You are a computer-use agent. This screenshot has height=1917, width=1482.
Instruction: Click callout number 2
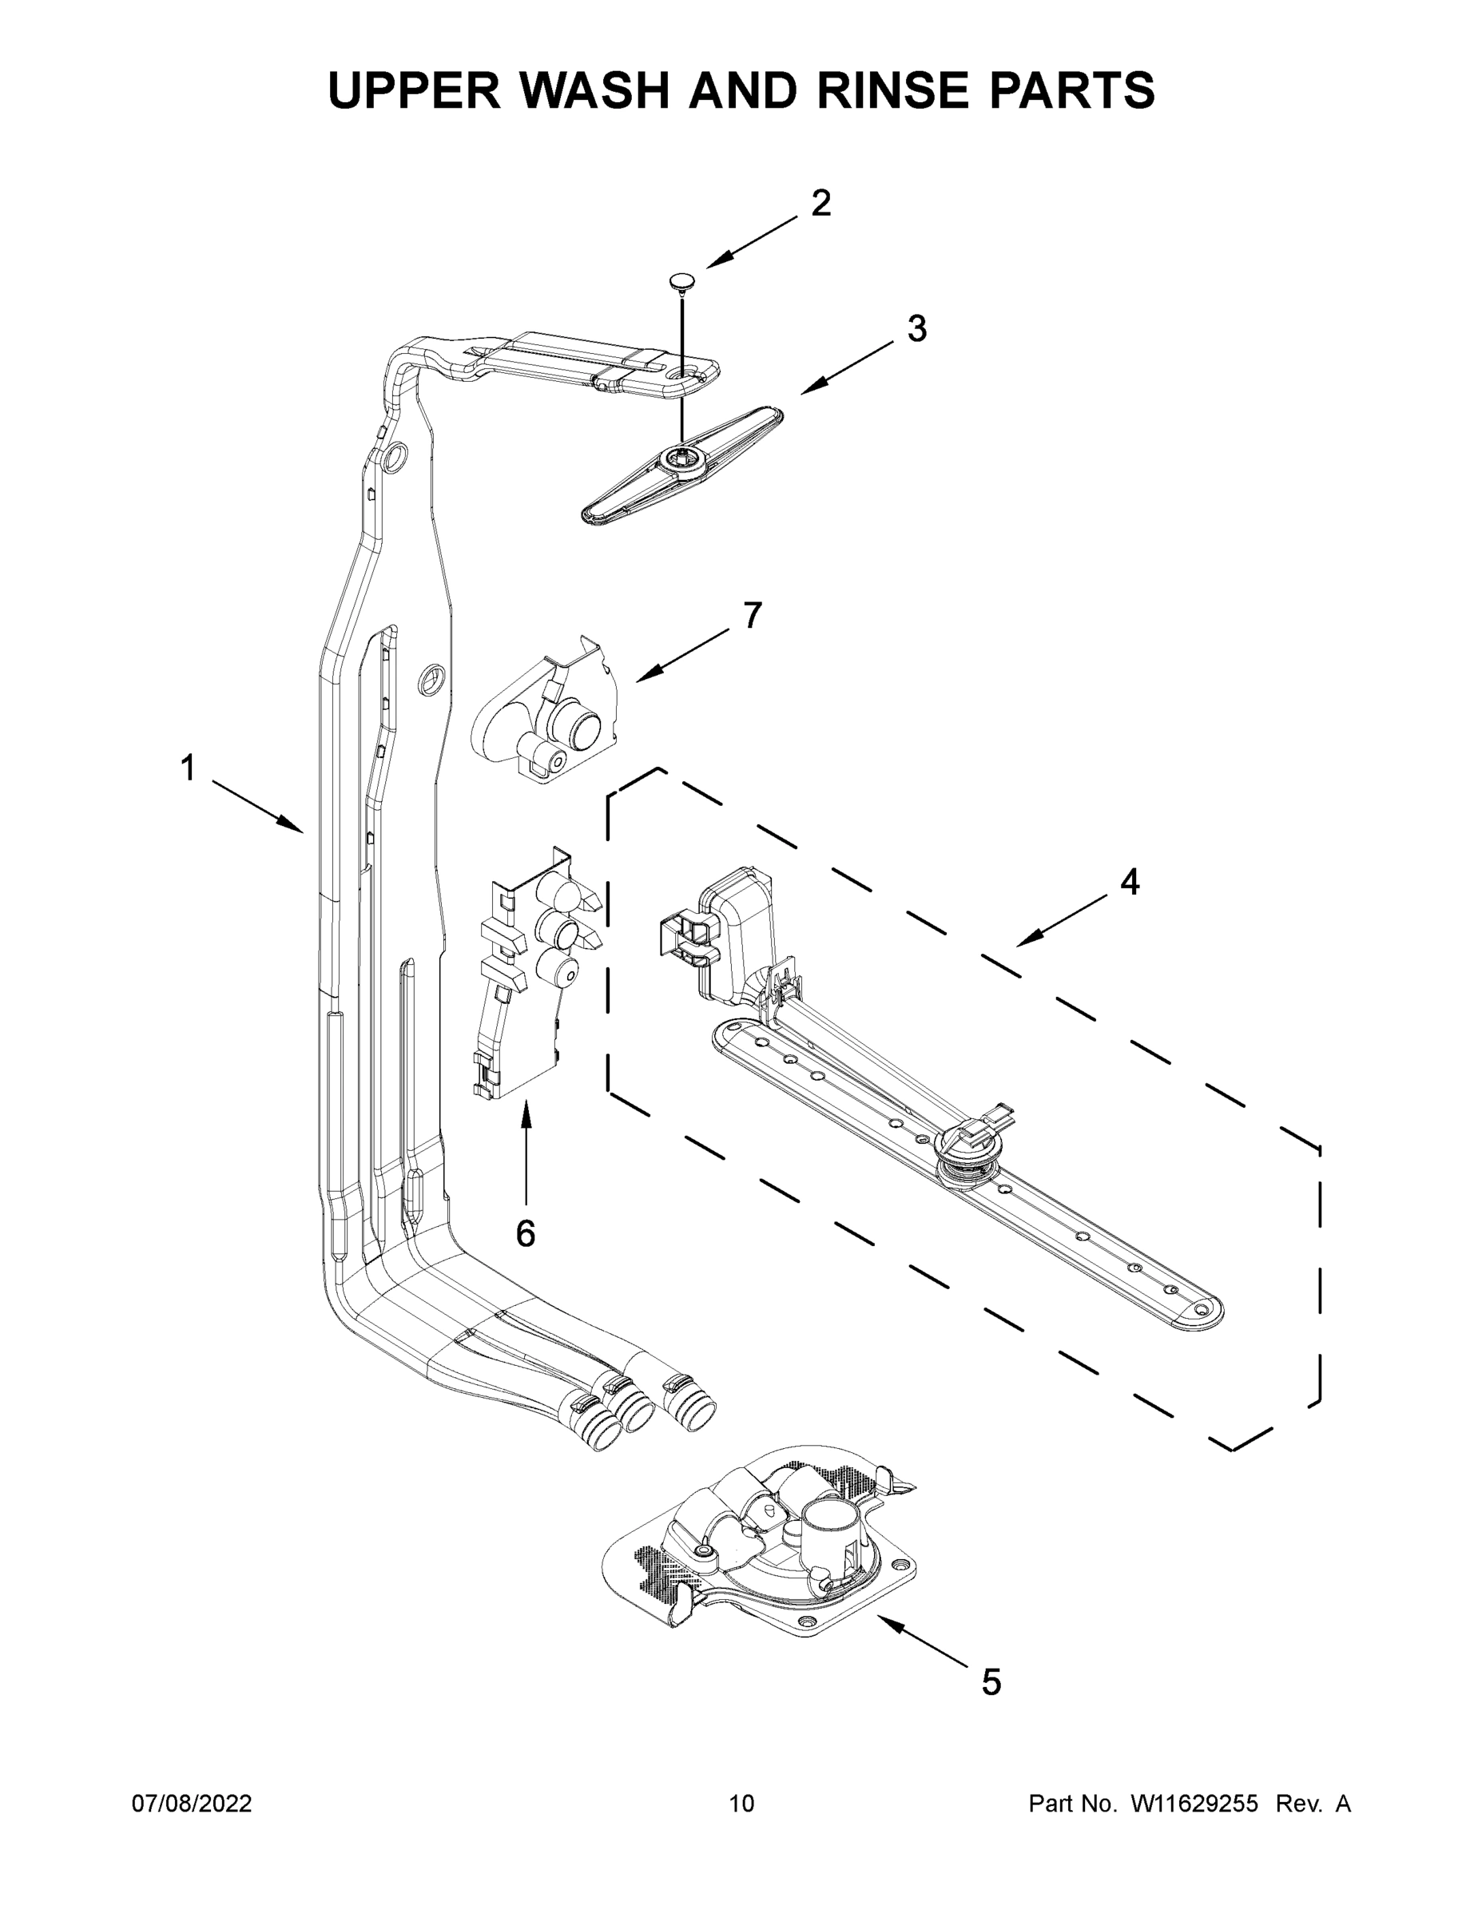pyautogui.click(x=820, y=204)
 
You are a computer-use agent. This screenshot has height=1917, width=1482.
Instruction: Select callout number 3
pyautogui.click(x=916, y=329)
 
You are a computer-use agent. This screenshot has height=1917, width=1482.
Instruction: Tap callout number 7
pyautogui.click(x=753, y=615)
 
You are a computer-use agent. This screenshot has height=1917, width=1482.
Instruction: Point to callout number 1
pyautogui.click(x=187, y=768)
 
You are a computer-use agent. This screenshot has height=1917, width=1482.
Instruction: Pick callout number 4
pyautogui.click(x=1129, y=882)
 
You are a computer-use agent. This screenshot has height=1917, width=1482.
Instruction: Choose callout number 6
pyautogui.click(x=525, y=1234)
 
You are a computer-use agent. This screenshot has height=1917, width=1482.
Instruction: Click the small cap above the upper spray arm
pyautogui.click(x=681, y=281)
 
